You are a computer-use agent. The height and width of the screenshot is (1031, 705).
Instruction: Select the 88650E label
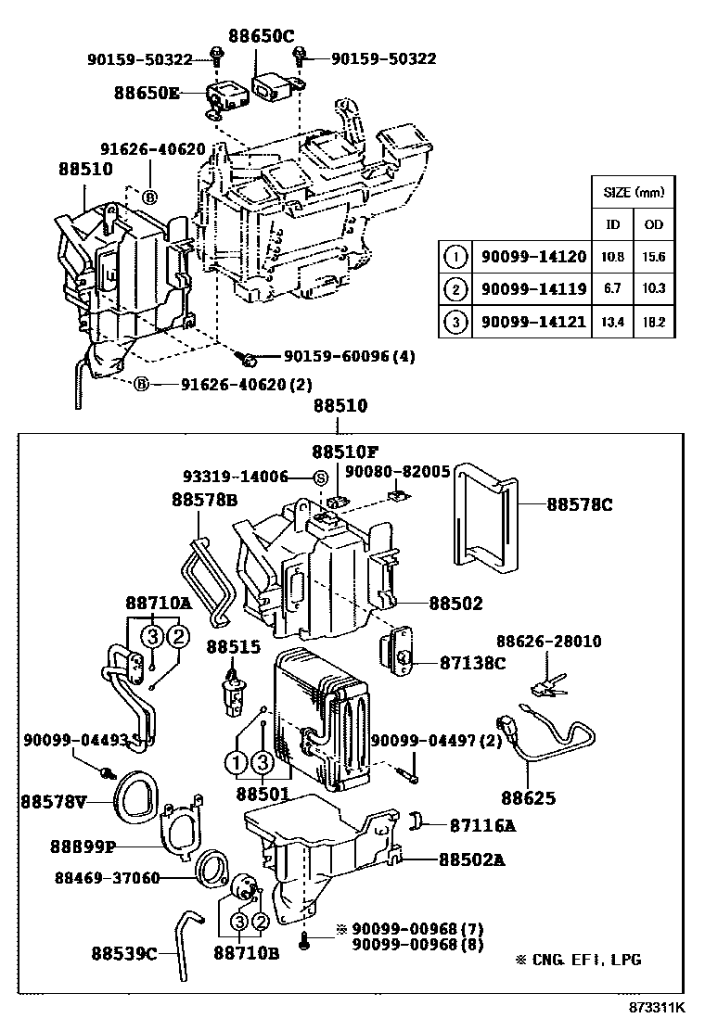coord(147,93)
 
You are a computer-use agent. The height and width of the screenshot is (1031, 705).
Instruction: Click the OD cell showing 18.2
coord(654,323)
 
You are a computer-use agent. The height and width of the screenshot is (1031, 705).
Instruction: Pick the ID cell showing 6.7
coord(613,289)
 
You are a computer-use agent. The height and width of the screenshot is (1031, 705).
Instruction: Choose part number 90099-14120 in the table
coord(533,256)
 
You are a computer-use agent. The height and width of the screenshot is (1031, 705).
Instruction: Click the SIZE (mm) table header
coord(634,193)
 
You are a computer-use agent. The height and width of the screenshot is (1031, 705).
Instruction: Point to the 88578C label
coord(579,504)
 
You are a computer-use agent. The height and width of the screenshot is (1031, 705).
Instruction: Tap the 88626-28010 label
coord(548,641)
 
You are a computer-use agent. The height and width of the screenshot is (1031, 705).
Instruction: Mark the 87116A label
coord(482,823)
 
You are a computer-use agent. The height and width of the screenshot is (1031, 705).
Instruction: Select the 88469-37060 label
coord(107,877)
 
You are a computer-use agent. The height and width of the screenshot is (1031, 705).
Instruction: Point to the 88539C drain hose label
coord(124,951)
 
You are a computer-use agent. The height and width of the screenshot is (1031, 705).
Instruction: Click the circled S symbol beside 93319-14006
coord(320,477)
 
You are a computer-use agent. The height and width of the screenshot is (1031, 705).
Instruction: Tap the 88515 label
coord(234,646)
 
